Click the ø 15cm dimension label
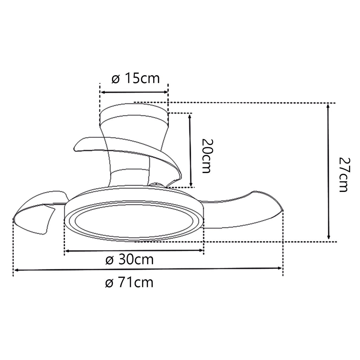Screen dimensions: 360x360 136,78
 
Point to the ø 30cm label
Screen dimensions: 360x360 130,260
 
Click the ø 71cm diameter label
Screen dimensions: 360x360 129,282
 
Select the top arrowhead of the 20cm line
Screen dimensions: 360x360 191,116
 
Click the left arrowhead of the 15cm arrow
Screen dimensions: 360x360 103,92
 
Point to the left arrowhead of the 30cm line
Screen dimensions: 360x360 67,251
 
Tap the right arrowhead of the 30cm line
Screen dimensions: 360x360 201,251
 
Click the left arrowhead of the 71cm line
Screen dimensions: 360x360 16,270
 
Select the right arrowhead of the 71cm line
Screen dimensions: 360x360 280,268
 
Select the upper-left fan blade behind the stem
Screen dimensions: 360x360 88,144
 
